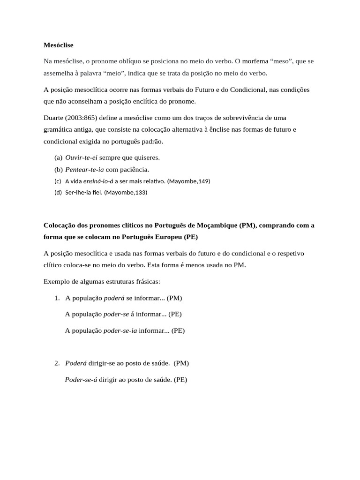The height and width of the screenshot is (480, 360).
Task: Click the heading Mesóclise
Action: (59, 45)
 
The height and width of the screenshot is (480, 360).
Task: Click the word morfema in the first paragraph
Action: (255, 61)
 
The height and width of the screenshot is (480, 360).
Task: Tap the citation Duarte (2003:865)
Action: (69, 117)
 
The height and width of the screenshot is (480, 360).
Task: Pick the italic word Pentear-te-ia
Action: (85, 169)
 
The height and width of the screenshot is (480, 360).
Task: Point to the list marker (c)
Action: (58, 181)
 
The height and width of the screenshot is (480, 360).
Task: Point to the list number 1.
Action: (57, 298)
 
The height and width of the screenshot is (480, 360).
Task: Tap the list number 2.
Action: (57, 363)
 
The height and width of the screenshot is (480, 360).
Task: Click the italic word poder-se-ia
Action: (120, 330)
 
